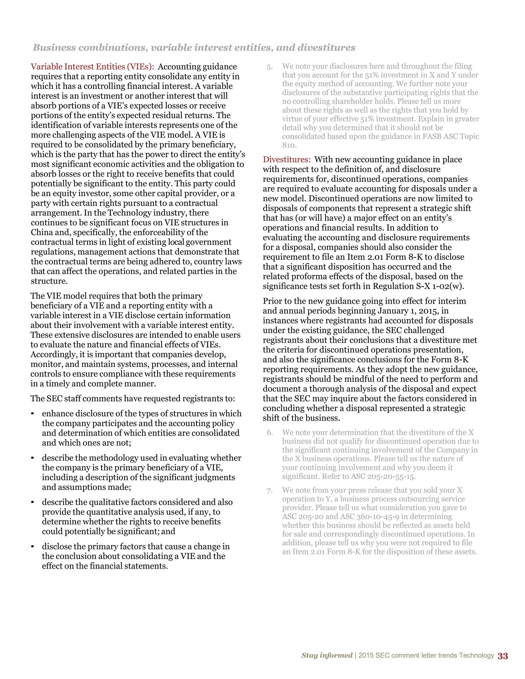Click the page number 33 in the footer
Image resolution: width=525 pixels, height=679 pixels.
503,656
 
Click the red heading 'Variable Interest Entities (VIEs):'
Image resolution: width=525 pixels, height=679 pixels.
92,67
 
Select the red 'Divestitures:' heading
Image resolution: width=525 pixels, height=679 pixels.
286,159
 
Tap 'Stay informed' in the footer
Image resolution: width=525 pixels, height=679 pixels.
327,655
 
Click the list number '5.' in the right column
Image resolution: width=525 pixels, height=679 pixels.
269,67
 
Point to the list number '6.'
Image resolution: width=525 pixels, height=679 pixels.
269,433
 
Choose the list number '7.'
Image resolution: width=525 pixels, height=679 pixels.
269,491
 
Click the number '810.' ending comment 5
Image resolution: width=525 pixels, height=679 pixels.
289,145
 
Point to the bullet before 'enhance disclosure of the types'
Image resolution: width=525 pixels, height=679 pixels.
32,414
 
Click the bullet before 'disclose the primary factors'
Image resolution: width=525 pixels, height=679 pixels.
32,547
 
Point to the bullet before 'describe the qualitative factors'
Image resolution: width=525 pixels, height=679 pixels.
32,502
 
